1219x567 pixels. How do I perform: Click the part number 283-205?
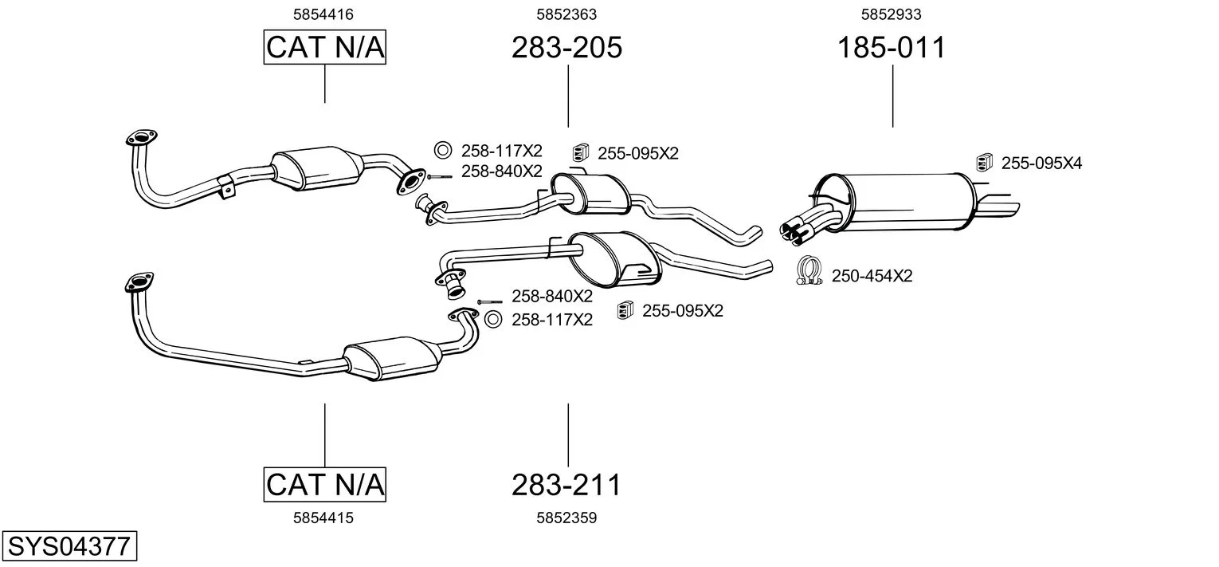tap(566, 48)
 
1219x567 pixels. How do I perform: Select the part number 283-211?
tap(566, 484)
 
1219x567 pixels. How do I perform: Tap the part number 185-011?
tap(891, 48)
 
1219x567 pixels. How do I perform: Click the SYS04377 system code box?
tap(69, 547)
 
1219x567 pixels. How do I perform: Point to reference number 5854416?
tap(323, 14)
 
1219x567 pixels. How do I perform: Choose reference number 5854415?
tap(323, 518)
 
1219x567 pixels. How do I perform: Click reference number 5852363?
tap(566, 14)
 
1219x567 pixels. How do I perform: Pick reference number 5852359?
tap(566, 518)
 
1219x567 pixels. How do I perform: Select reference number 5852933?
tap(891, 14)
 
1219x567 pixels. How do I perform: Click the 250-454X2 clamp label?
tap(872, 277)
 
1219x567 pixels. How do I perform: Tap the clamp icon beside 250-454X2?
tap(809, 273)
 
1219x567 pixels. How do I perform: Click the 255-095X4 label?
tap(1041, 163)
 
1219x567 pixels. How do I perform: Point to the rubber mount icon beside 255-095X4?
tap(985, 161)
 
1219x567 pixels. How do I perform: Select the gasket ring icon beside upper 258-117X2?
tap(443, 149)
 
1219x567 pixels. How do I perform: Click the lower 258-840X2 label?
tap(551, 297)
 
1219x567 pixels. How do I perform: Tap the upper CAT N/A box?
tap(324, 48)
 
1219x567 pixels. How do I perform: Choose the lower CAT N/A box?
tap(324, 484)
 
